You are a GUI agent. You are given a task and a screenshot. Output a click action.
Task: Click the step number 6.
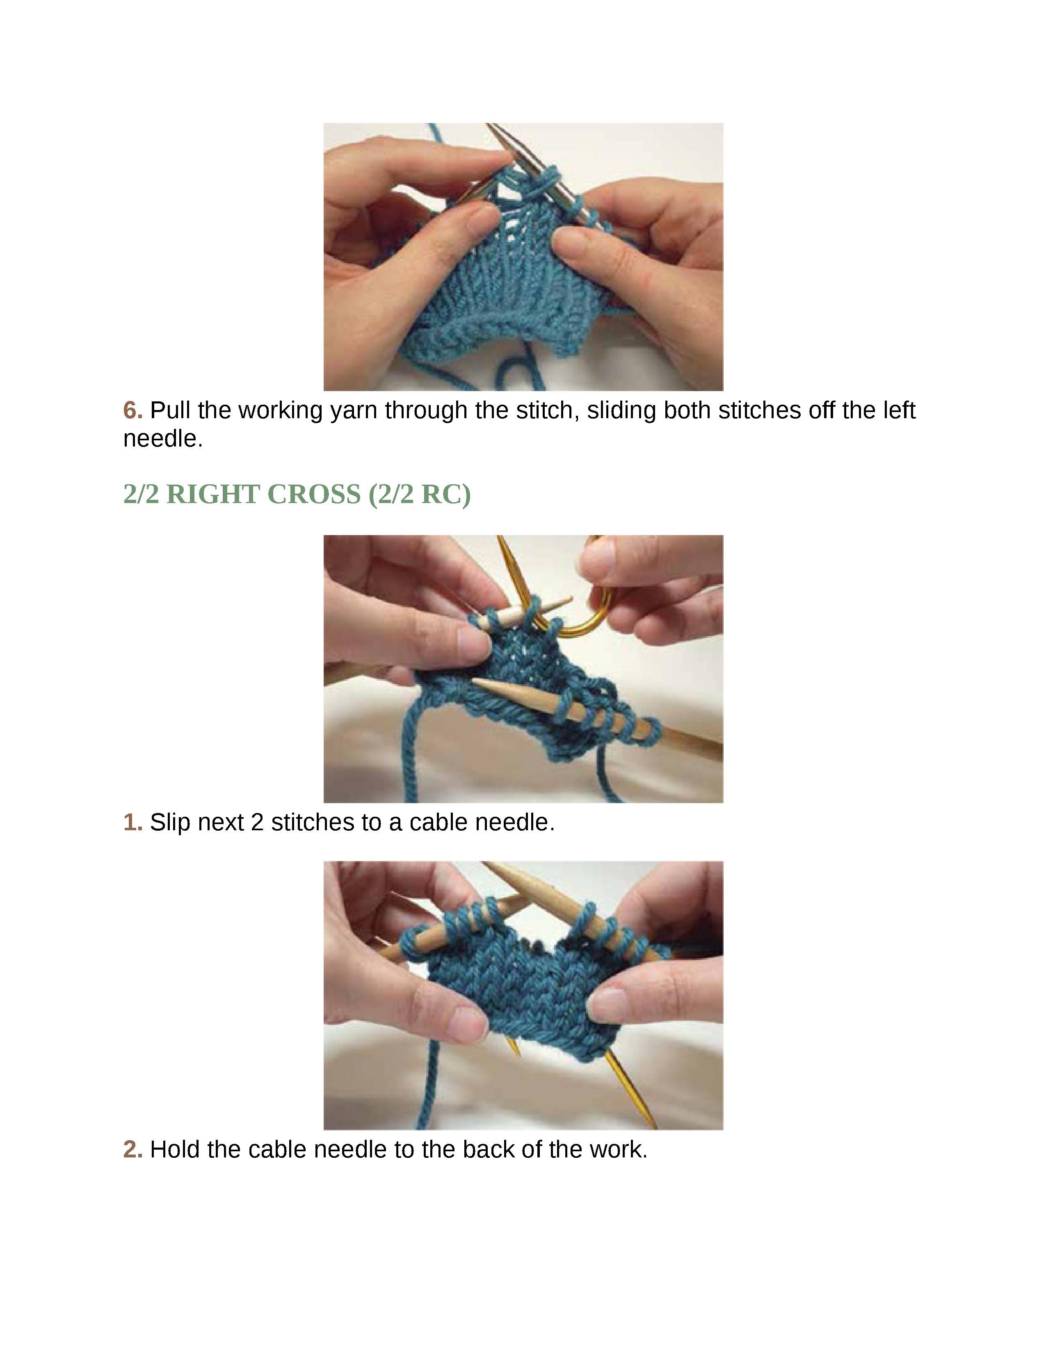tap(132, 410)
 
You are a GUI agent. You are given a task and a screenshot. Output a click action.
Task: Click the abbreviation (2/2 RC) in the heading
tap(420, 494)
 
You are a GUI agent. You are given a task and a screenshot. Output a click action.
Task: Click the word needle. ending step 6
tap(163, 439)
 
